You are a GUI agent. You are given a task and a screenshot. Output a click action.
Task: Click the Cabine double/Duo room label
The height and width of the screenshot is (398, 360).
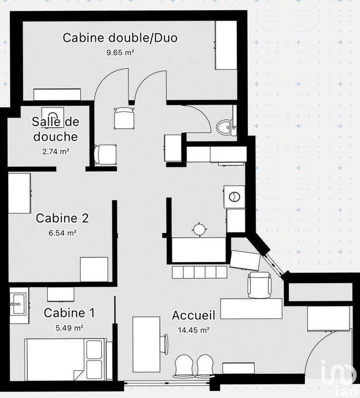(x=120, y=38)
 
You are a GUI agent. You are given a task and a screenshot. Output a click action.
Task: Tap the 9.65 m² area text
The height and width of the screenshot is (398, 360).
(x=120, y=52)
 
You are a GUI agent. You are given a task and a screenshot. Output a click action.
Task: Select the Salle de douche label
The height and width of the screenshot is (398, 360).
(x=55, y=129)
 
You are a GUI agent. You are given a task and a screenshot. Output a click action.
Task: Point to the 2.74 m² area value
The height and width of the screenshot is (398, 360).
(x=55, y=151)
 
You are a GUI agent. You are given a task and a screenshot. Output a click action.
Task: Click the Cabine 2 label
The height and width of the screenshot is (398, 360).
(x=62, y=218)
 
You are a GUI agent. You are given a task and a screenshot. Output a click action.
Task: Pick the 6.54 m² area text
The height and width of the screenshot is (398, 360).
(x=63, y=232)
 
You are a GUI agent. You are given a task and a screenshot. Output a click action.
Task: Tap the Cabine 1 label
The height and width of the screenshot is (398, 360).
(x=69, y=313)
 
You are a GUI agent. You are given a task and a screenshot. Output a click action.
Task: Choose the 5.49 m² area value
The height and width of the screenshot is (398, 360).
(x=69, y=327)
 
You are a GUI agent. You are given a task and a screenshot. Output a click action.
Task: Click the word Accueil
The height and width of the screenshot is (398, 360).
(x=193, y=315)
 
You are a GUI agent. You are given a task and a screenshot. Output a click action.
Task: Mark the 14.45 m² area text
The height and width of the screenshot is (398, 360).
(x=194, y=329)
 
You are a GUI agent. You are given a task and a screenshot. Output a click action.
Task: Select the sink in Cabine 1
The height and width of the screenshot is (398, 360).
(x=18, y=303)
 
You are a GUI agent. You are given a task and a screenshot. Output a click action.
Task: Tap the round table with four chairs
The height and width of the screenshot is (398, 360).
(x=199, y=229)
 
